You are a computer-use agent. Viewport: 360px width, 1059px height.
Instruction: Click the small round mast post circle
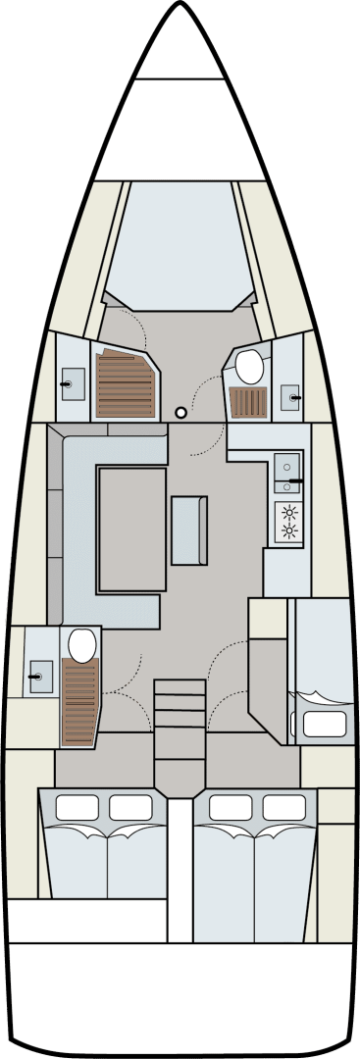pos(180,413)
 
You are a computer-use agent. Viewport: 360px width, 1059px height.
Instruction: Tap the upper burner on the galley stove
pos(289,511)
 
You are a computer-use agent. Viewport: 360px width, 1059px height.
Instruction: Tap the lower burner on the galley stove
pos(289,530)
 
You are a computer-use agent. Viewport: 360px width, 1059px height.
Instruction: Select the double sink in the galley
pos(288,473)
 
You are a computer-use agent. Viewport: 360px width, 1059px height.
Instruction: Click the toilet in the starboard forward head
pos(249,368)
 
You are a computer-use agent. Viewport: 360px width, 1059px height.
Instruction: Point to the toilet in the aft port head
pos(81,644)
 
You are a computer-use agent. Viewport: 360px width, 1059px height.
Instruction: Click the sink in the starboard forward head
pos(291,396)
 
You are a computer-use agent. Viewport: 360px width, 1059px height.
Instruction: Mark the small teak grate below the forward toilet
pos(247,403)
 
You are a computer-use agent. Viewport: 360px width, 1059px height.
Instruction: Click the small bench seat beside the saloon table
pos(189,530)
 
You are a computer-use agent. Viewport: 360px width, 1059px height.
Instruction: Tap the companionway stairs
pos(180,721)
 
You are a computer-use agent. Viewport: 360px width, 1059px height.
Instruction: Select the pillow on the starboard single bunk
pos(323,725)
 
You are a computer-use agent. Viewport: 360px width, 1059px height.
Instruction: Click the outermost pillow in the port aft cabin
pos(77,807)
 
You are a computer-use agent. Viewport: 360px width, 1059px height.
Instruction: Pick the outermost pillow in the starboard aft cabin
pos(283,807)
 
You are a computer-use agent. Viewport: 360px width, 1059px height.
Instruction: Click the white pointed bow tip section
pos(180,49)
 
